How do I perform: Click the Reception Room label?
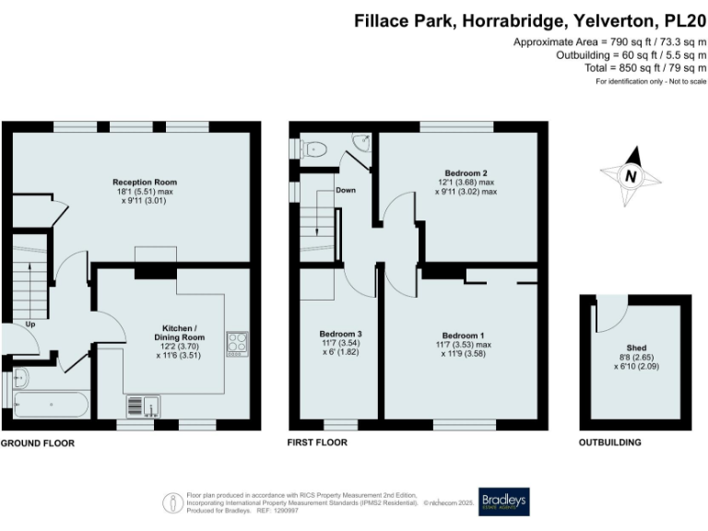[145, 182]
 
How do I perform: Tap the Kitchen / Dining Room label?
[179, 333]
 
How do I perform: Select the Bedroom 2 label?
[466, 173]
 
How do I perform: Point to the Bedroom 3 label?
[340, 334]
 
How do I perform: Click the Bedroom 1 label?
[464, 336]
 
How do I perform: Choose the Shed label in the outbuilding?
[636, 348]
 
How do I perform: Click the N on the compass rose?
[631, 176]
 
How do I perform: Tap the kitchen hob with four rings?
[237, 344]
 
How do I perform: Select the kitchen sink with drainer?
[143, 407]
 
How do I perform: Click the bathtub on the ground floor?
[51, 405]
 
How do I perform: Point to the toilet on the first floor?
[314, 148]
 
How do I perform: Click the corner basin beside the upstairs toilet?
[362, 142]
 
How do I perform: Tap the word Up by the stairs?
[30, 324]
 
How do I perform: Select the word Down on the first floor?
[346, 190]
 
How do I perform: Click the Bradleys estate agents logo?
[504, 501]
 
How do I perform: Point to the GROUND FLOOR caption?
[38, 443]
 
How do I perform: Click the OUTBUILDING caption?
[610, 442]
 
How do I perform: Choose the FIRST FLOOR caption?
[317, 442]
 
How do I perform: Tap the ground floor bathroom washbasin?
[21, 377]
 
